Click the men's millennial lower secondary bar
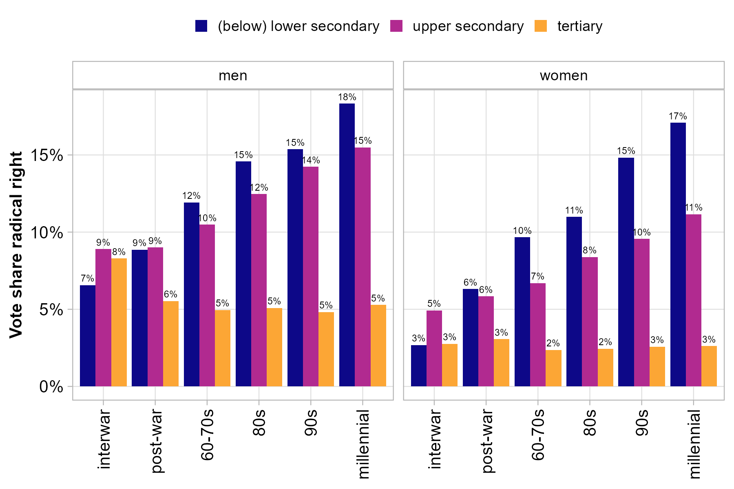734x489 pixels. (347, 244)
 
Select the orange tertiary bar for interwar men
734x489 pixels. (119, 322)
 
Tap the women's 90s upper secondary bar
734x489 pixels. (642, 313)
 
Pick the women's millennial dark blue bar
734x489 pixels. (678, 254)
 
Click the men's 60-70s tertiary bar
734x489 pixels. (223, 348)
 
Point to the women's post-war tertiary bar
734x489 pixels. (502, 363)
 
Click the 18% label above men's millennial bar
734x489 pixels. (347, 97)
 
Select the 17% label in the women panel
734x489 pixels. (678, 117)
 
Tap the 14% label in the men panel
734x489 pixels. (311, 161)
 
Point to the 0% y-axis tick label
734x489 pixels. (51, 387)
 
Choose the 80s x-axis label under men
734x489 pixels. (259, 423)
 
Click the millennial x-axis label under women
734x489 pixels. (694, 444)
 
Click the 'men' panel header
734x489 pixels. (233, 75)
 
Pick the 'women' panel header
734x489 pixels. (564, 75)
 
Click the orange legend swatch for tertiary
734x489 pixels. (540, 26)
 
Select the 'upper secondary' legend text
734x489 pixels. (468, 26)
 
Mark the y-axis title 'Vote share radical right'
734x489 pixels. (16, 244)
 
